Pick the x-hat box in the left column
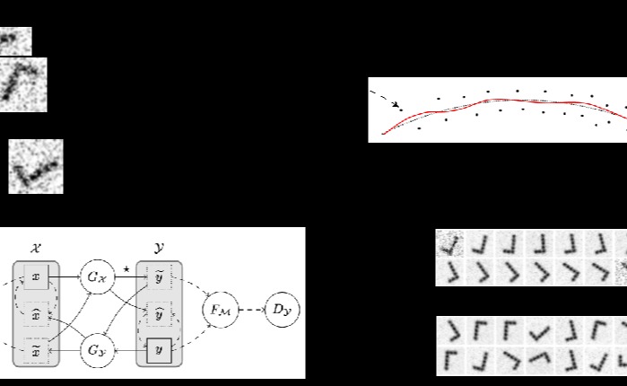(x=36, y=315)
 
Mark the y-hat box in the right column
(x=159, y=315)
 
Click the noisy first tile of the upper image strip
(x=448, y=244)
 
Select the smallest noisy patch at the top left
(x=14, y=40)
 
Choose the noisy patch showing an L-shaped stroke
(x=36, y=166)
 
